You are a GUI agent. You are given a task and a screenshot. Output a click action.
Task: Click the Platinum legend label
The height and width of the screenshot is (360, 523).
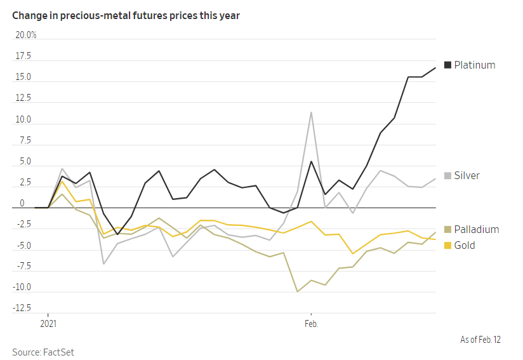click(x=475, y=65)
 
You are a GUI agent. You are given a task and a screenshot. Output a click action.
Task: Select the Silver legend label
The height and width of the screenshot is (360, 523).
click(x=467, y=175)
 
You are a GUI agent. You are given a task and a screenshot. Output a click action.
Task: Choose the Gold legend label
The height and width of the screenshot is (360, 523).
click(x=465, y=245)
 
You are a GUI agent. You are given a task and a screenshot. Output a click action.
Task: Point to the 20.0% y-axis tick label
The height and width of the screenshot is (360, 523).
click(x=26, y=35)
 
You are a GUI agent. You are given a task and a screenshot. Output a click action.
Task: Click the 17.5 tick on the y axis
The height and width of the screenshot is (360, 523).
click(x=23, y=56)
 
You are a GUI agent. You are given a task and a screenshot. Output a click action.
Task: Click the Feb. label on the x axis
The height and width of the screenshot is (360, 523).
click(x=311, y=323)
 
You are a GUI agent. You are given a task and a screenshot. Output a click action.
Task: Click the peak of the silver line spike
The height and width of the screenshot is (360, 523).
click(x=311, y=112)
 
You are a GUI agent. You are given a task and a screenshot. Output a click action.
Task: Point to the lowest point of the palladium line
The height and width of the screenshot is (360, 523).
click(x=297, y=291)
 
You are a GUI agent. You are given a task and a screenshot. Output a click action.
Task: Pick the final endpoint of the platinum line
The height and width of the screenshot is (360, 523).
click(x=435, y=68)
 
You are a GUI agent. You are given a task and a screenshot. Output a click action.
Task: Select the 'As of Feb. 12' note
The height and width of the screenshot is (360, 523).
click(x=480, y=340)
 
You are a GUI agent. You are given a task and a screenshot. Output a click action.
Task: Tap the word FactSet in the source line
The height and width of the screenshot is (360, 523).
click(x=58, y=352)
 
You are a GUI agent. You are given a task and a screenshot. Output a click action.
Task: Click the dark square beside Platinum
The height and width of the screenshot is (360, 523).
click(x=447, y=65)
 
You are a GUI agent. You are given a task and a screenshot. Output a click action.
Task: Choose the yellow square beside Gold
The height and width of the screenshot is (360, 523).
click(x=447, y=245)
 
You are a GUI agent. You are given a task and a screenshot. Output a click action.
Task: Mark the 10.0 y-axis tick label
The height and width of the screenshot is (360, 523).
click(x=23, y=119)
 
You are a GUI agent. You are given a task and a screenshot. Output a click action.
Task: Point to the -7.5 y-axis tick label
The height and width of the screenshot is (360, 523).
click(x=23, y=266)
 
